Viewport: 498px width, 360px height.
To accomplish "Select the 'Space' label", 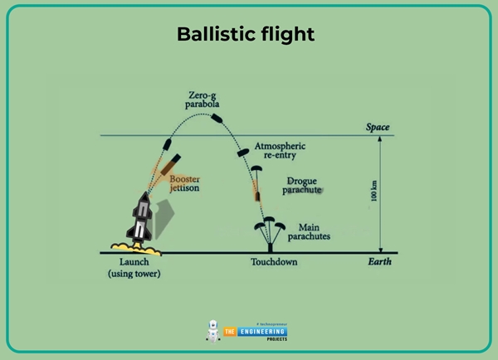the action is tap(378, 127).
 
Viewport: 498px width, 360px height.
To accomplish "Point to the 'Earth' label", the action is tap(378, 262).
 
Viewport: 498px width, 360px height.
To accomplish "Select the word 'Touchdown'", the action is tap(274, 262).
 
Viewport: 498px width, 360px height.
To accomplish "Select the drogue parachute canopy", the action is tap(256, 168).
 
